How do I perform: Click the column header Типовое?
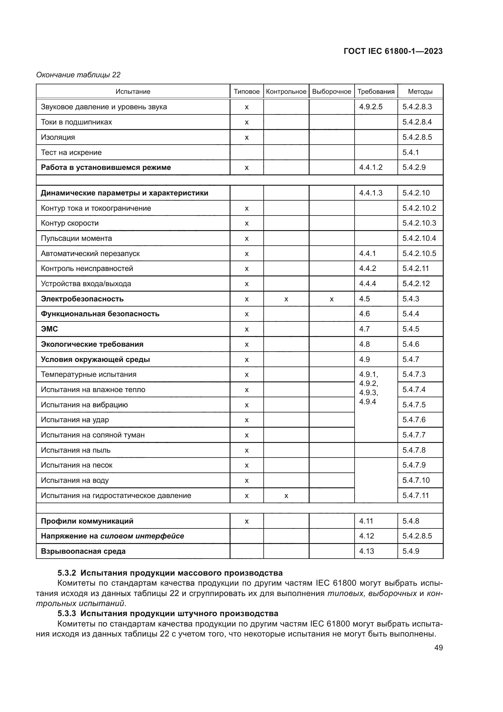click(x=247, y=92)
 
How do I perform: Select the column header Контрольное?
click(x=286, y=92)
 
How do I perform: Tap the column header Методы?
click(x=420, y=92)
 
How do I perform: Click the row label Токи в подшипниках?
click(x=76, y=122)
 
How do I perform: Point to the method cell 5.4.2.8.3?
click(x=417, y=107)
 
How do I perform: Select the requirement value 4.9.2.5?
click(x=371, y=107)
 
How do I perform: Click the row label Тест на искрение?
click(x=71, y=152)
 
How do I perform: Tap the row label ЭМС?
click(x=49, y=329)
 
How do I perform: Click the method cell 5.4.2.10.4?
click(x=419, y=238)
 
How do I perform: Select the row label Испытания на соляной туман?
click(x=93, y=435)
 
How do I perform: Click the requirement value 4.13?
click(x=366, y=551)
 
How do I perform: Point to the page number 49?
click(x=438, y=647)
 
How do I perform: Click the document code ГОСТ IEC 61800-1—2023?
click(x=393, y=51)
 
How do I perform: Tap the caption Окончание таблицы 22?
click(x=78, y=75)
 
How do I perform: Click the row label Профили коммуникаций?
click(x=87, y=521)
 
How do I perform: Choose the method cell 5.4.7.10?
click(x=416, y=480)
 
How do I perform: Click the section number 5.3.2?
click(x=67, y=573)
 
